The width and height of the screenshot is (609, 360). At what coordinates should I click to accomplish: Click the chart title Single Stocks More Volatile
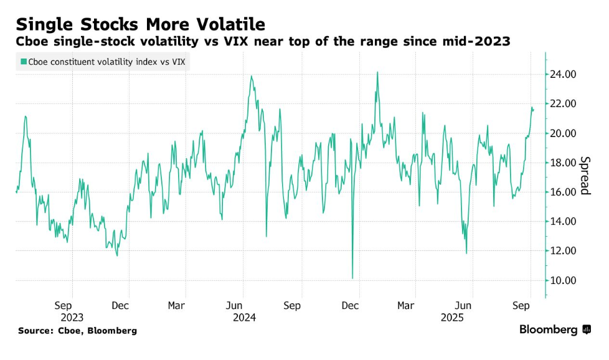[141, 24]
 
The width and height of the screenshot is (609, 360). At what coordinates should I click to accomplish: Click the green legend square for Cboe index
[23, 61]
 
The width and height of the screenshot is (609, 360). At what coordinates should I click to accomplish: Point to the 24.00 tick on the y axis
[562, 75]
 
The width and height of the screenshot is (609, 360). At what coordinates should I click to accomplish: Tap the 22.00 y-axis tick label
[562, 104]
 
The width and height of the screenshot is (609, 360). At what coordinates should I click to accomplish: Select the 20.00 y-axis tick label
[562, 133]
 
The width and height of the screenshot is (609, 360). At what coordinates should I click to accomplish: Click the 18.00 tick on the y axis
[562, 163]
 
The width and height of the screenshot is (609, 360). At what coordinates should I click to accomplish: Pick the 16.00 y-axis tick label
[562, 192]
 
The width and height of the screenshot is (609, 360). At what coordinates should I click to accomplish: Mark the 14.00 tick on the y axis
[562, 222]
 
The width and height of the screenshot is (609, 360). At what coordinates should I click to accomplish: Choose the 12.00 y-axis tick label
[562, 251]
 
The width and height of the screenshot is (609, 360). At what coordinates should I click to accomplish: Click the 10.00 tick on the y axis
[562, 280]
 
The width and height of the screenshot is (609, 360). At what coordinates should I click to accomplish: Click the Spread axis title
[585, 175]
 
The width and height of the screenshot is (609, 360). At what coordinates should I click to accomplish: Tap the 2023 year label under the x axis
[72, 317]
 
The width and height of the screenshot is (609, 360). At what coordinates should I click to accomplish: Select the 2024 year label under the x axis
[243, 317]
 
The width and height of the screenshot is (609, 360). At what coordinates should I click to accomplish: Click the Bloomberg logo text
[548, 330]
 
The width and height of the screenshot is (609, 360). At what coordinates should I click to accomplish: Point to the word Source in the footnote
[35, 331]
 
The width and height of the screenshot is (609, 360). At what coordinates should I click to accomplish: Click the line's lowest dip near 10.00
[352, 278]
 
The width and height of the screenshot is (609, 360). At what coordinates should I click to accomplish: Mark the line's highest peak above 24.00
[377, 72]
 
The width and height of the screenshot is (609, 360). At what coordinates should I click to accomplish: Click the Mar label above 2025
[406, 306]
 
